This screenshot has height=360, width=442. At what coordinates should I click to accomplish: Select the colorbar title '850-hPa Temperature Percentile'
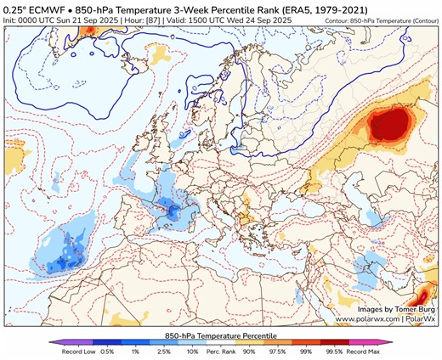pyautogui.click(x=221, y=333)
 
